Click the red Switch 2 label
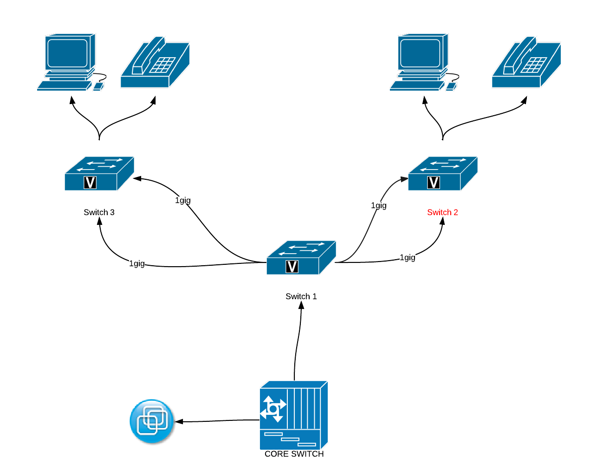[x=442, y=212]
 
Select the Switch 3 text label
[x=99, y=212]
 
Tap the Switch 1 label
[x=301, y=296]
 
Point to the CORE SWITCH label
[x=294, y=454]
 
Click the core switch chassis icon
[x=293, y=415]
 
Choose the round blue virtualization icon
[x=152, y=421]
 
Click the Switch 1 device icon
[x=301, y=257]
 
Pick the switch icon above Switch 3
[x=99, y=173]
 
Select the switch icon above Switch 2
[x=442, y=173]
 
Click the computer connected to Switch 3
[x=70, y=62]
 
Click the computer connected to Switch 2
[x=422, y=62]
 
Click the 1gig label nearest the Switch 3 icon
[x=183, y=200]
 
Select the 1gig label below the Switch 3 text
[x=137, y=263]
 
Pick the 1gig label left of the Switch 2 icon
[x=379, y=205]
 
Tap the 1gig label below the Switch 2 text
[x=408, y=257]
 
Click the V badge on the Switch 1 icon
[x=292, y=267]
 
